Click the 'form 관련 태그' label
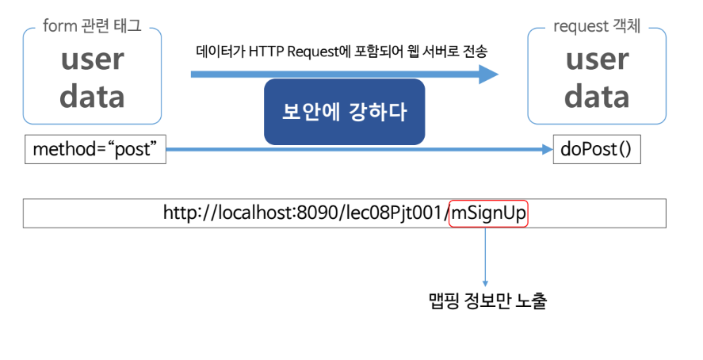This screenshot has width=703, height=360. pyautogui.click(x=93, y=27)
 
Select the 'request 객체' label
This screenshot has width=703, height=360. pyautogui.click(x=595, y=27)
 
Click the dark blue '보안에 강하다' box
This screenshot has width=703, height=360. pyautogui.click(x=344, y=112)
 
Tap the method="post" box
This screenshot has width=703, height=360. pyautogui.click(x=95, y=149)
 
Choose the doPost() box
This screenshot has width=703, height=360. pyautogui.click(x=595, y=149)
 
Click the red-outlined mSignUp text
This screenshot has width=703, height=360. pyautogui.click(x=489, y=213)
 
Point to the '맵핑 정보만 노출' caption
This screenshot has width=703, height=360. pyautogui.click(x=485, y=302)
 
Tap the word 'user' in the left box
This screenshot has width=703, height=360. pyautogui.click(x=93, y=61)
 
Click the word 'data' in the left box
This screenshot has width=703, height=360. pyautogui.click(x=93, y=97)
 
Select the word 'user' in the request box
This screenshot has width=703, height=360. pyautogui.click(x=597, y=61)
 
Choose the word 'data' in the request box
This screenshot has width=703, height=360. pyautogui.click(x=597, y=97)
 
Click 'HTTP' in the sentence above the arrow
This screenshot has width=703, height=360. pyautogui.click(x=266, y=52)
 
